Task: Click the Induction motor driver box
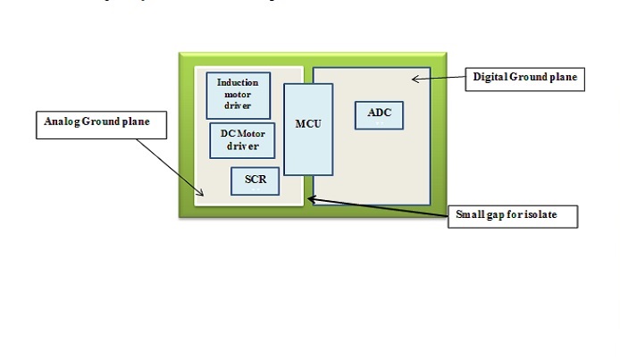click(238, 95)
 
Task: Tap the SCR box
click(255, 180)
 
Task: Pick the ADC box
click(379, 113)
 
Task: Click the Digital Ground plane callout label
click(524, 78)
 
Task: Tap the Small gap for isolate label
click(513, 216)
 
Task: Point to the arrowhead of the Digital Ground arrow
click(414, 80)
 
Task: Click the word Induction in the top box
click(238, 83)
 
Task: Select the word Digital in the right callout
click(490, 78)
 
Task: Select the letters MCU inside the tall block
click(308, 123)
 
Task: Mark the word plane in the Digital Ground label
click(563, 78)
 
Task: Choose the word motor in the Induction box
click(238, 94)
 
